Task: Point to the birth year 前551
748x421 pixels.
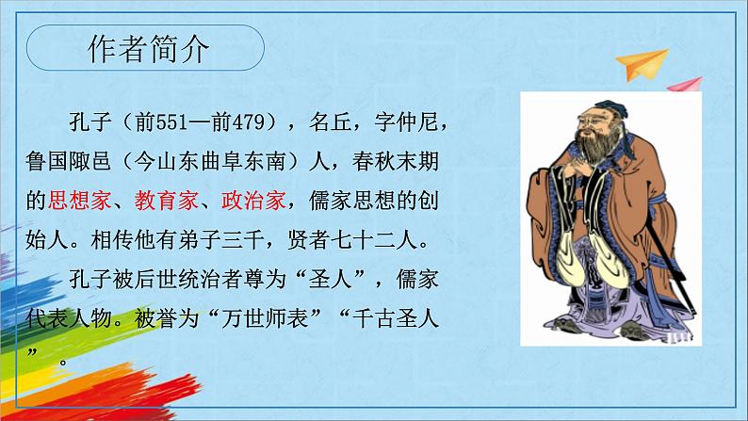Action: [171, 121]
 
